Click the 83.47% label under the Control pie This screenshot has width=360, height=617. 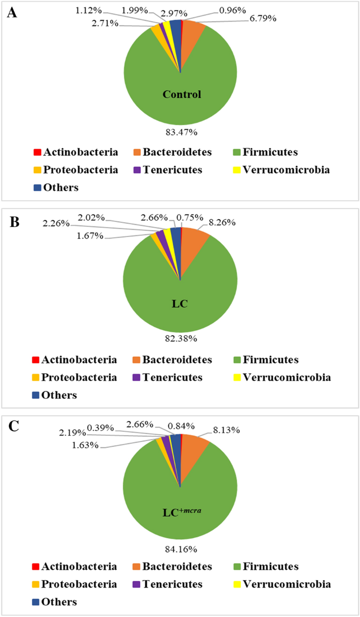coord(180,132)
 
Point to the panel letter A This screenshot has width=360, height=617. coord(12,13)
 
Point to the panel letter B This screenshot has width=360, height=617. coord(12,219)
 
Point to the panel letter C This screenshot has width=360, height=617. coord(12,426)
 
